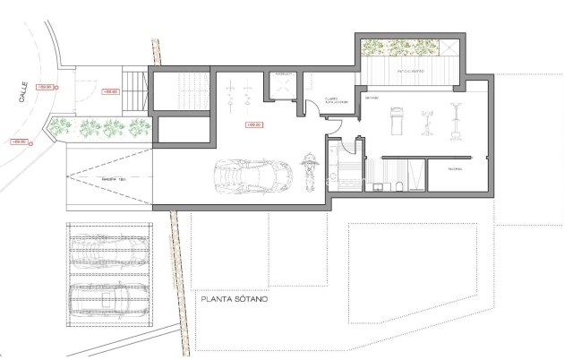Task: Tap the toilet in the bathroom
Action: [x=380, y=186]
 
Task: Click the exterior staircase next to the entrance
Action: [x=134, y=90]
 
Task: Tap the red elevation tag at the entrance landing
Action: [x=112, y=90]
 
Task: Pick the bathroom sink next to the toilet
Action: [x=395, y=186]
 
